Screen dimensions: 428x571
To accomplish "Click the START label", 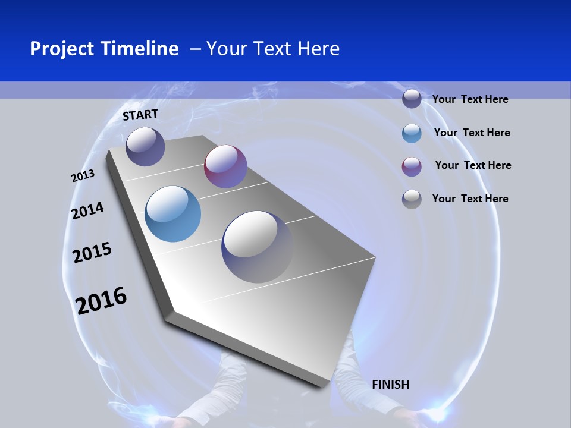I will pos(140,114).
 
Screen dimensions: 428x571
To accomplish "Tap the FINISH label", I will pos(390,385).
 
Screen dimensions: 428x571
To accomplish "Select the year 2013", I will pos(83,175).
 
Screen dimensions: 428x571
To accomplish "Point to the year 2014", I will pos(87,210).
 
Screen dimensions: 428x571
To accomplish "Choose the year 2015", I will pos(92,253).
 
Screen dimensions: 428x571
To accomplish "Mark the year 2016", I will pos(101,301).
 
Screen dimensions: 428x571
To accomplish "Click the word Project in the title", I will pos(63,49).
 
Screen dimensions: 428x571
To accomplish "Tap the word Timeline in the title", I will pos(142,49).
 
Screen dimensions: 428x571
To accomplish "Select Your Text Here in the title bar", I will pos(273,49).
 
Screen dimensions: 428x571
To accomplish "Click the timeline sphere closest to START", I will pos(145,146).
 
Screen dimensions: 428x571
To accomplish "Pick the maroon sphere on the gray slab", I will pos(225,166).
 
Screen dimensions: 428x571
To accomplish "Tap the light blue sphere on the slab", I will pos(172,214).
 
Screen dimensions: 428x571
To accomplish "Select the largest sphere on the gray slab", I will pos(257,247).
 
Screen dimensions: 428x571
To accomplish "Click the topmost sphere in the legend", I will pos(412,99).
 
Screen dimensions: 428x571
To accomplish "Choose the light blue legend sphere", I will pos(412,133).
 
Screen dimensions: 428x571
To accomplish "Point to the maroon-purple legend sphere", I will pos(412,166).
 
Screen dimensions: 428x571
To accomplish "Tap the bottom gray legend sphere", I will pos(412,199).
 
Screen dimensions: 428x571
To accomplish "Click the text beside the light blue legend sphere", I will pos(472,133).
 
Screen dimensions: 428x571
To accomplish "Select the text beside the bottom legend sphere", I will pos(470,199).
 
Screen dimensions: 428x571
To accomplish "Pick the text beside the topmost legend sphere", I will pos(470,99).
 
